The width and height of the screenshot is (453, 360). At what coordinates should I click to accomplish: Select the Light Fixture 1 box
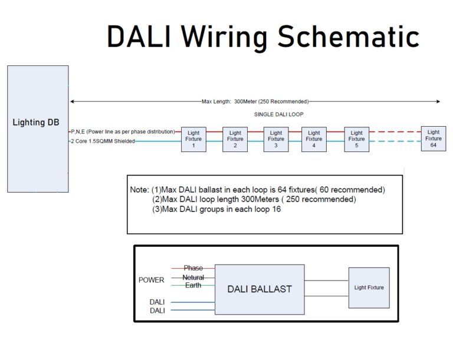click(193, 139)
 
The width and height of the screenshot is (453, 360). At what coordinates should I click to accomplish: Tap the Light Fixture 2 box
click(235, 139)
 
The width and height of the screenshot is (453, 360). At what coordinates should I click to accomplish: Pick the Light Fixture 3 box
click(275, 139)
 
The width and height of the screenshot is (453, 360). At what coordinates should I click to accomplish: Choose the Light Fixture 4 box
click(314, 139)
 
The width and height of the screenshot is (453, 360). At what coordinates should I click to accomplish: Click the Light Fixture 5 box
click(356, 139)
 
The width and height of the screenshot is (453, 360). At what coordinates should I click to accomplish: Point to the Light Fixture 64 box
click(433, 138)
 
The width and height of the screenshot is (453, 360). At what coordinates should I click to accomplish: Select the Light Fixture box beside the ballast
click(369, 288)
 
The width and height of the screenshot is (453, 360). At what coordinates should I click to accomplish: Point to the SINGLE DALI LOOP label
click(278, 114)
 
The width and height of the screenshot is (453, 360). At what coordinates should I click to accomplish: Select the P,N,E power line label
click(123, 131)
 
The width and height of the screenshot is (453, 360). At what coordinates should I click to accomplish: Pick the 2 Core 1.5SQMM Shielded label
click(103, 142)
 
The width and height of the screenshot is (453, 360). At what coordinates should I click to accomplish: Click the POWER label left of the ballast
click(152, 280)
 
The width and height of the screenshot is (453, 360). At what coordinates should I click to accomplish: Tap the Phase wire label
click(193, 268)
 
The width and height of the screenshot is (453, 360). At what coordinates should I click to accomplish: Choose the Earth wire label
click(193, 285)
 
